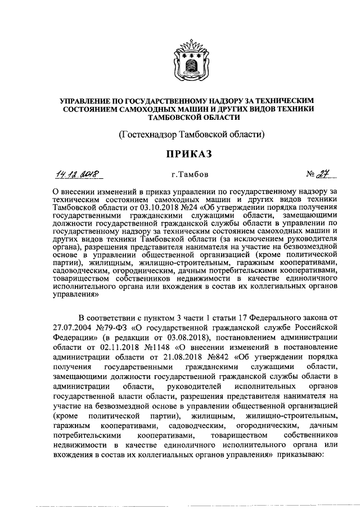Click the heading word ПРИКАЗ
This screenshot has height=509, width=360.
pyautogui.click(x=180, y=154)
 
